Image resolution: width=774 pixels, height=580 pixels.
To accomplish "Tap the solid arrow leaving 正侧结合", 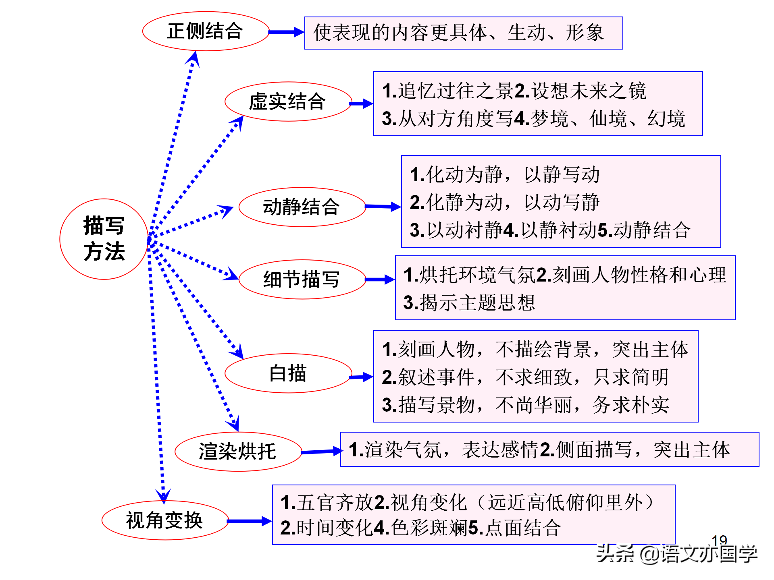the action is (286, 32).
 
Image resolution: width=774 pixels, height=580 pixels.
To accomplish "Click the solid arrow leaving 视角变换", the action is (250, 521).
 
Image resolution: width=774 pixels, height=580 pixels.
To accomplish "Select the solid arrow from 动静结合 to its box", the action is (383, 207).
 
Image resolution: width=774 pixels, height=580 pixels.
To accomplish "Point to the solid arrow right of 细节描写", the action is (380, 280).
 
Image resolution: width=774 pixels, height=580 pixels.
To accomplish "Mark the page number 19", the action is (719, 540).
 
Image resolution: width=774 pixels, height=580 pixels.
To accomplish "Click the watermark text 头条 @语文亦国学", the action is (677, 553).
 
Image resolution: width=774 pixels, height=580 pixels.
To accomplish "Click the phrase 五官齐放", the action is (335, 503).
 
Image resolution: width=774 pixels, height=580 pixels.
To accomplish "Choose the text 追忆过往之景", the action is (456, 91).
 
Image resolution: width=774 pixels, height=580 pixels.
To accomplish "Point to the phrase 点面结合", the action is (523, 528).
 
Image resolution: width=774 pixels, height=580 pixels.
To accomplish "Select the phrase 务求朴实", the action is (631, 405).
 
